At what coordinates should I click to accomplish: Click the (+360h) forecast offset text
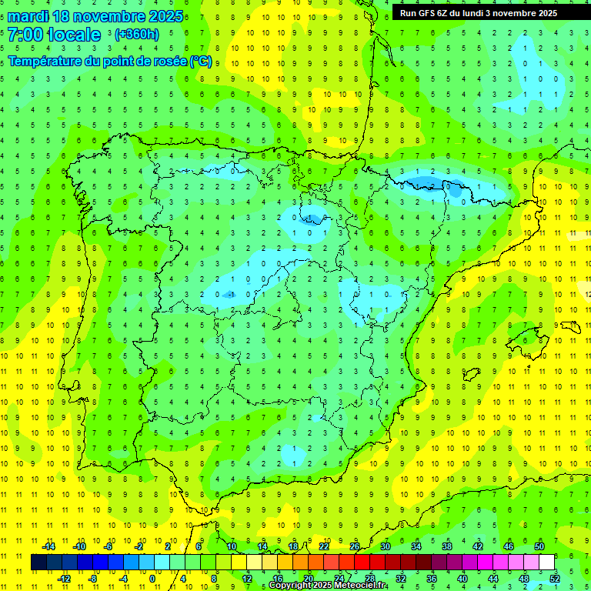(137, 35)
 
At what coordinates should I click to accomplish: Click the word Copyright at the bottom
(291, 586)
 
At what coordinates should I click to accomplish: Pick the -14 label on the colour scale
(48, 546)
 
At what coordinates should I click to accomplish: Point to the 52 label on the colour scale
(555, 578)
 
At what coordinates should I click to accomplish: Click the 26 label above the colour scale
(355, 546)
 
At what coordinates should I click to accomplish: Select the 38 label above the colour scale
(446, 546)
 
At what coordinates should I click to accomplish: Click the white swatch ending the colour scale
(546, 563)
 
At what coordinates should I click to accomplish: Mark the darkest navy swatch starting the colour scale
(38, 563)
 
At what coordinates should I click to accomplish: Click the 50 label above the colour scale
(539, 546)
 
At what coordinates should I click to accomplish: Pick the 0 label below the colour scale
(152, 578)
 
